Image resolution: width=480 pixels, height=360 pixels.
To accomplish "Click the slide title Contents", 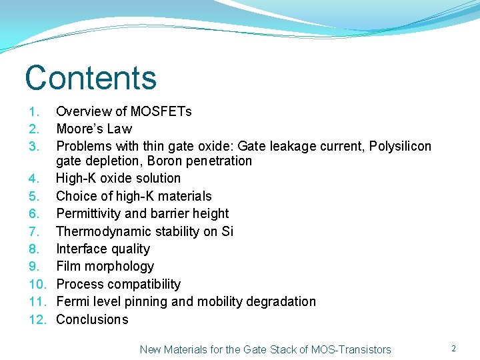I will point(91,77).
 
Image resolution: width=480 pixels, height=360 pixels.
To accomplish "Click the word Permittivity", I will point(89,213).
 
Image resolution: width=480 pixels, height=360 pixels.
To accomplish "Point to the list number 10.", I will point(36,284).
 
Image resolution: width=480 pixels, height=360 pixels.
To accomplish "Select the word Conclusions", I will point(92,319).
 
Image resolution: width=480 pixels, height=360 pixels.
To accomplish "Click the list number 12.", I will point(36,319).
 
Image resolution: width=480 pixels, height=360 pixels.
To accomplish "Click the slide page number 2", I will point(453,349).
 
